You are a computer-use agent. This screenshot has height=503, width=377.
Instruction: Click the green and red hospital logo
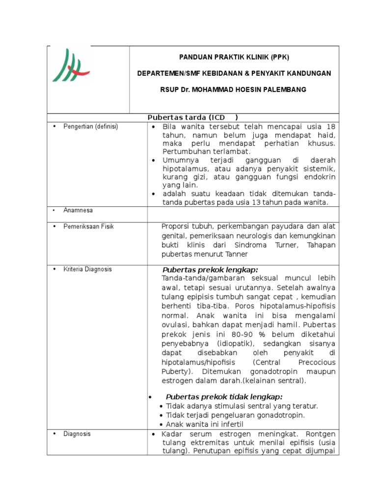click(70, 65)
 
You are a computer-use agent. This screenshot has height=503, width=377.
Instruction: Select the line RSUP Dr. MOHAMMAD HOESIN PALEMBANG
click(234, 89)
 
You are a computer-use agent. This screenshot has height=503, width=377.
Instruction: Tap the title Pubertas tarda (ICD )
click(193, 118)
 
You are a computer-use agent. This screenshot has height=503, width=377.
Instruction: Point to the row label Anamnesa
click(78, 210)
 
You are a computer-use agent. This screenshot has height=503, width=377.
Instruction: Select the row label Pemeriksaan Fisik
click(88, 226)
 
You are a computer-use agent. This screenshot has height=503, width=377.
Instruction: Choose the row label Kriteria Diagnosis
click(87, 269)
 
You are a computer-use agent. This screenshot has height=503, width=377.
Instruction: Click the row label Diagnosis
click(77, 434)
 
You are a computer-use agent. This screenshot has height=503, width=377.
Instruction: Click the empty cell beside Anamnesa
click(243, 214)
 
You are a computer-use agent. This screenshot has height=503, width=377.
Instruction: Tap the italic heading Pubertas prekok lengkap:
click(210, 270)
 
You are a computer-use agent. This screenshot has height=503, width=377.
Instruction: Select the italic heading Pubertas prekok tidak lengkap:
click(224, 397)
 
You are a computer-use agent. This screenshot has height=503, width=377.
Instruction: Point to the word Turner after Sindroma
click(291, 245)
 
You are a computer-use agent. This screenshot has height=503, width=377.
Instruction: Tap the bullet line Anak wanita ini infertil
click(204, 424)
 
